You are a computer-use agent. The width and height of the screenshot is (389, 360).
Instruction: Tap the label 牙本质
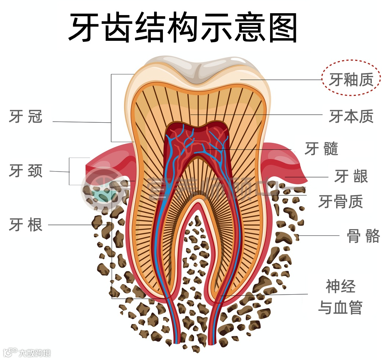coord(351,116)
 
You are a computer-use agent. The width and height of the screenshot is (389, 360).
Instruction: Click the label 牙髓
coord(321,149)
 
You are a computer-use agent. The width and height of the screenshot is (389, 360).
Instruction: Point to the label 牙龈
coord(351,176)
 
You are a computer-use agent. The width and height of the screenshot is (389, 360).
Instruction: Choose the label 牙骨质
coord(341,201)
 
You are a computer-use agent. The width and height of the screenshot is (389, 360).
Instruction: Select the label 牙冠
coord(26,117)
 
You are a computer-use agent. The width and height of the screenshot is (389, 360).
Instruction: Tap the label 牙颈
coord(26,171)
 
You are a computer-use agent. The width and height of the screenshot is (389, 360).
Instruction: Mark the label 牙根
coord(26,224)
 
